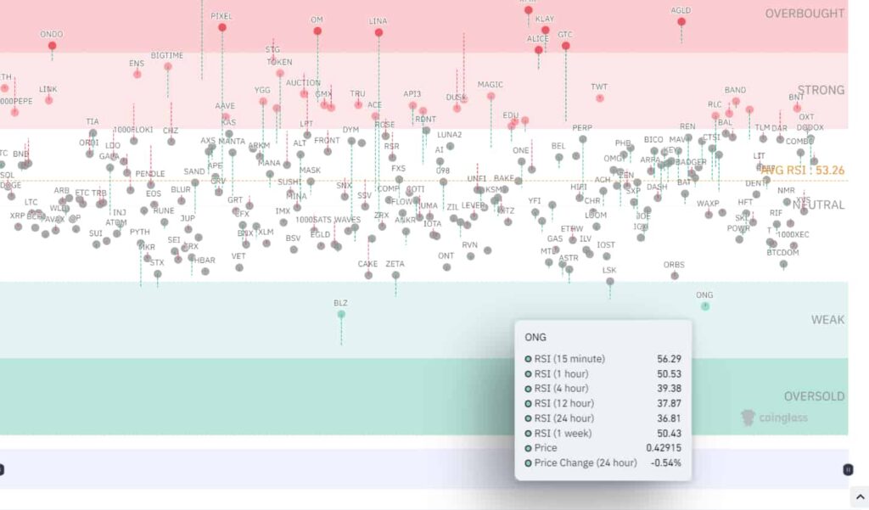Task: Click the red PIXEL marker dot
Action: tap(222, 27)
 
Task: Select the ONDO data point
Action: tap(52, 46)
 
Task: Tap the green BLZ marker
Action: tap(341, 314)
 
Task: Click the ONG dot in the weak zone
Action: tap(705, 305)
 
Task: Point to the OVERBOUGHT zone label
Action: tap(805, 14)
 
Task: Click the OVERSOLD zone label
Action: tap(814, 396)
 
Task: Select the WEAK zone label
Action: tap(827, 320)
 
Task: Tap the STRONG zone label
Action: tap(821, 90)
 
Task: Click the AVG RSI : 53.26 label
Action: tap(803, 171)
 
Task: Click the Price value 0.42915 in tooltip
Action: tap(664, 448)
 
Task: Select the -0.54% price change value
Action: tap(664, 462)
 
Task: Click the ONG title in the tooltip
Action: tap(535, 337)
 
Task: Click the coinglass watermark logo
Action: tap(774, 418)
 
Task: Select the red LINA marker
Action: tap(378, 32)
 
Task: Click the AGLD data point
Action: tap(681, 21)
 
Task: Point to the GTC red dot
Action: tap(565, 46)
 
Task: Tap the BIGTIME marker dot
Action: tap(168, 66)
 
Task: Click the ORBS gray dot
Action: tap(675, 276)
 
